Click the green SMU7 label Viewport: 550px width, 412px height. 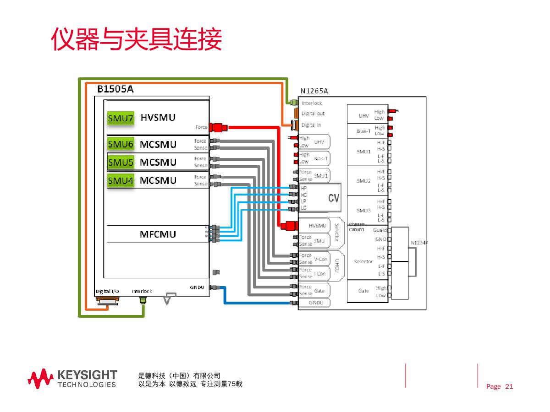point(121,119)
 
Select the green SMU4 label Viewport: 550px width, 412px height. point(121,180)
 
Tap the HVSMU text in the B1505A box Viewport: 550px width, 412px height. point(158,118)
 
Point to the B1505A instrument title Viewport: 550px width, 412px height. point(115,89)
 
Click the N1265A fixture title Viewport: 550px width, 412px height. point(314,91)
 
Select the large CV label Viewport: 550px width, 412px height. point(334,198)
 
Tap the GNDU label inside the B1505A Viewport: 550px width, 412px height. point(197,287)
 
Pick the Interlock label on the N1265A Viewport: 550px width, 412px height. point(312,103)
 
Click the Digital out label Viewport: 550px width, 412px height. point(313,114)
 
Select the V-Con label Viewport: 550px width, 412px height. point(321,259)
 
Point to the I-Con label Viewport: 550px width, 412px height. point(320,274)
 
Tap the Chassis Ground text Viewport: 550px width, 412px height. point(357,227)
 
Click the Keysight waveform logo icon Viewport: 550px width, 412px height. point(41,378)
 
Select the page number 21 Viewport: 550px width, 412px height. point(509,387)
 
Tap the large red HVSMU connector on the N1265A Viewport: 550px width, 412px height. point(289,226)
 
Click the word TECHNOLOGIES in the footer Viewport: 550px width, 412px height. point(87,385)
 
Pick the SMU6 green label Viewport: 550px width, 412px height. point(121,145)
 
